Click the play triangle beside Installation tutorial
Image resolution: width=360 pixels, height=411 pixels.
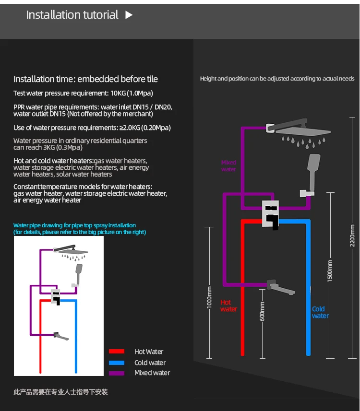click(129, 15)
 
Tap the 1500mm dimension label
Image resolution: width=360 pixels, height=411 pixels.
click(330, 271)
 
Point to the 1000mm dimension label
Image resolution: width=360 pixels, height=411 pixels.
click(209, 298)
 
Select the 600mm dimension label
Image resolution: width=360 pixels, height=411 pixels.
click(262, 312)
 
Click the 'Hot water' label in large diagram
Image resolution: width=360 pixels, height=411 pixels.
click(228, 305)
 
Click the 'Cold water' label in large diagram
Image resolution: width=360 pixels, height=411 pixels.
click(320, 312)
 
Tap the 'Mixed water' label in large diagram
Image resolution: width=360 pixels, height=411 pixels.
click(228, 165)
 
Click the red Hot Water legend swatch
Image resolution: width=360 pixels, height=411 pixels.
click(116, 352)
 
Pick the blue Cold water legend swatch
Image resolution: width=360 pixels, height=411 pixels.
click(116, 363)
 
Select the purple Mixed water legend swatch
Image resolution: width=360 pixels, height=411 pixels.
click(116, 373)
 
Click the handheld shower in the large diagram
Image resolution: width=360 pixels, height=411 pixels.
click(314, 173)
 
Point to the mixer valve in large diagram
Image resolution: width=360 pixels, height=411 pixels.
click(270, 214)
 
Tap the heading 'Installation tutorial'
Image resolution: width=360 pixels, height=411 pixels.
click(72, 15)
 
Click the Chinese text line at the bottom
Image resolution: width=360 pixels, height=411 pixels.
click(60, 392)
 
